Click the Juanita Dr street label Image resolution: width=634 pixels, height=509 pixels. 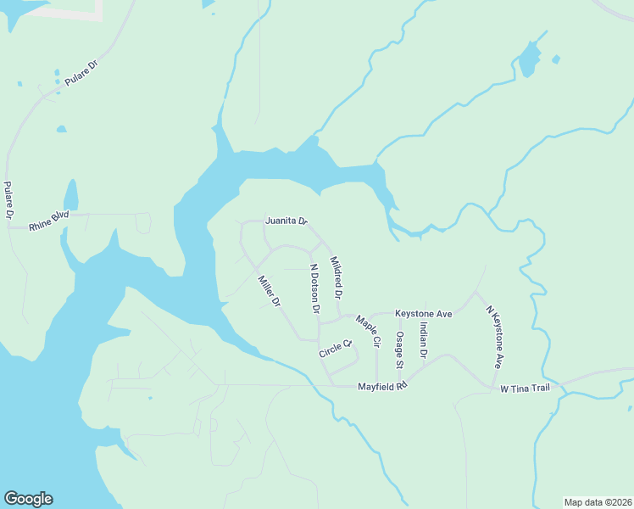[x=286, y=221]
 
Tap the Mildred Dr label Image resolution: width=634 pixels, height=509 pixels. [x=336, y=278]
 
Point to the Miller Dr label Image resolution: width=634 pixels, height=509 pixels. [x=270, y=290]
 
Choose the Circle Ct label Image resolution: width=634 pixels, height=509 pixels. [x=335, y=349]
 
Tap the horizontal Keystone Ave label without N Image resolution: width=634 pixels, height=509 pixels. [x=424, y=314]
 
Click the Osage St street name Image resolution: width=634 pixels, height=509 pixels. [x=398, y=349]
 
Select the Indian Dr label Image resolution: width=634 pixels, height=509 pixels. [x=423, y=340]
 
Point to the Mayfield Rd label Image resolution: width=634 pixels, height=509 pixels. [x=383, y=385]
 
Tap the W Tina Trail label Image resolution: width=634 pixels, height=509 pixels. [x=526, y=389]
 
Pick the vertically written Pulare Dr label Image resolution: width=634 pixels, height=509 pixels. [x=8, y=202]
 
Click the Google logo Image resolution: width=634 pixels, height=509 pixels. [x=28, y=499]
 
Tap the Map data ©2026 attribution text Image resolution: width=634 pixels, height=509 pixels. [x=598, y=501]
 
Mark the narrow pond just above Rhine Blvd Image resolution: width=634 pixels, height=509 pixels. [x=71, y=194]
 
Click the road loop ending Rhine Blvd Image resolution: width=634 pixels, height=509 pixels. [x=143, y=223]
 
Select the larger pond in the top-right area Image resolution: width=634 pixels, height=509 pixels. [x=529, y=59]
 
